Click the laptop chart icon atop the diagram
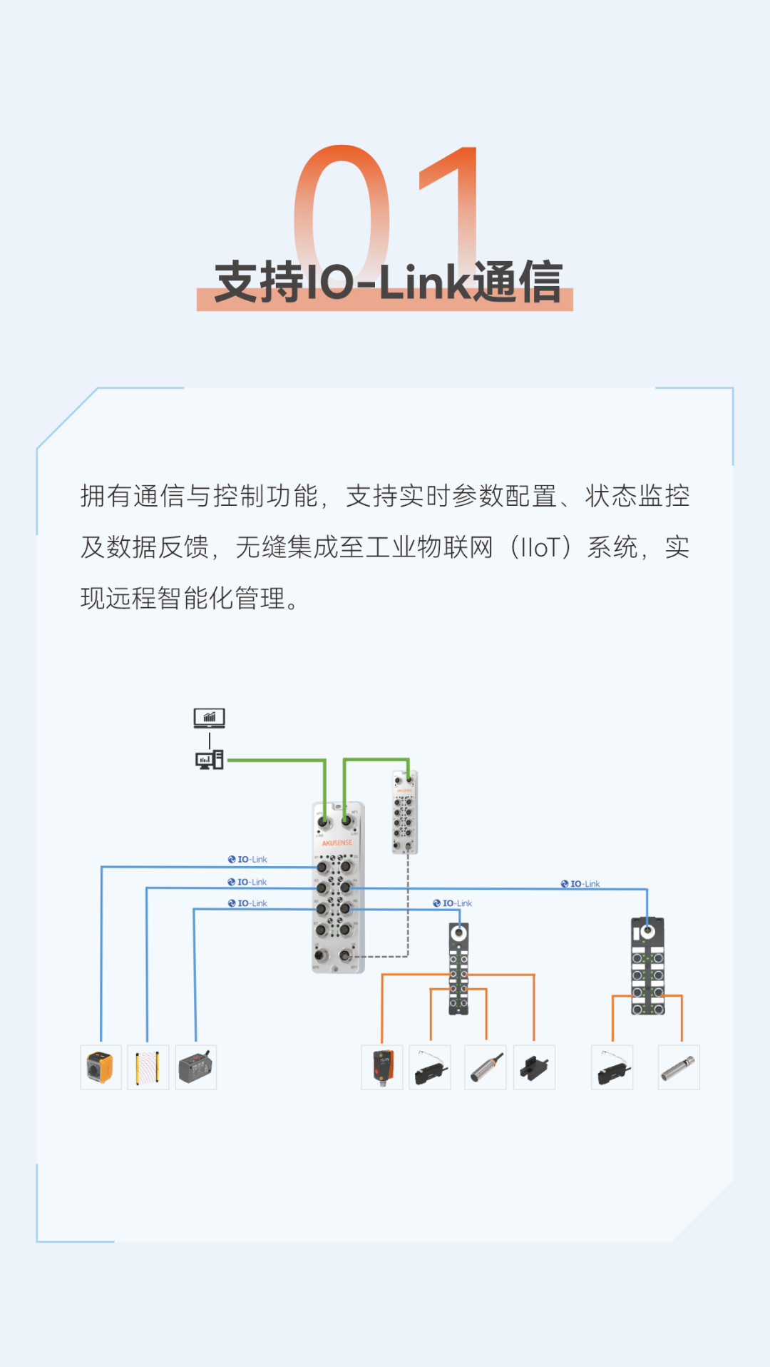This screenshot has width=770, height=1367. click(209, 718)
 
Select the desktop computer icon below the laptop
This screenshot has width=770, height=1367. click(209, 760)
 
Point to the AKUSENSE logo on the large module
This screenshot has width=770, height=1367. click(337, 843)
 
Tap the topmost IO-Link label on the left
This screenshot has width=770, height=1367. click(247, 860)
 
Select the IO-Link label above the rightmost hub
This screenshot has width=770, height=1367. click(580, 884)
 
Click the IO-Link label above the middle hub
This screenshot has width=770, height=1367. click(453, 903)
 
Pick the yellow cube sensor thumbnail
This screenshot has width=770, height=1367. click(101, 1067)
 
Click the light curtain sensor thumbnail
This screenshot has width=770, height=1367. click(148, 1067)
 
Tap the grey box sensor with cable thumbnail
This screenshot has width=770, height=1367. click(196, 1067)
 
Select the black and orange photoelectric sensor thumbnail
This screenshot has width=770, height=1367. click(382, 1067)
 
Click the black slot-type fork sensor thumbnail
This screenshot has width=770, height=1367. click(534, 1067)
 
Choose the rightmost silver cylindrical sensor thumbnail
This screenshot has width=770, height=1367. click(679, 1067)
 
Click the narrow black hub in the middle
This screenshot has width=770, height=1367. click(458, 969)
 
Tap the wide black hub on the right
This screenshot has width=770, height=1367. click(647, 966)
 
